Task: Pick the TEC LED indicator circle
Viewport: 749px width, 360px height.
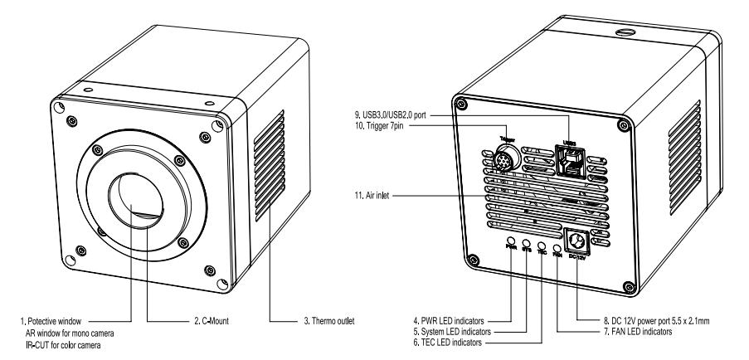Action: [x=542, y=246]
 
